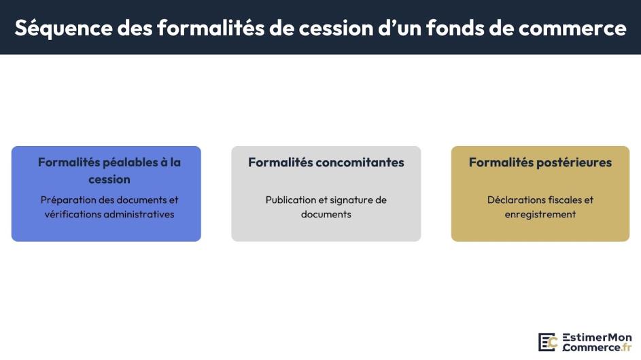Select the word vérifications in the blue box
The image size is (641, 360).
[71, 214]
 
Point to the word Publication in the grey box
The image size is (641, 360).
[292, 200]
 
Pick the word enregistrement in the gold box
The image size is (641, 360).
[540, 214]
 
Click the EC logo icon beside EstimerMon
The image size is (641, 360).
[548, 342]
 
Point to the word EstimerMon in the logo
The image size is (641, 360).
[597, 338]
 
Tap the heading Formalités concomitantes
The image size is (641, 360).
[326, 162]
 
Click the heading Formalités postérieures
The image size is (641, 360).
[540, 162]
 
